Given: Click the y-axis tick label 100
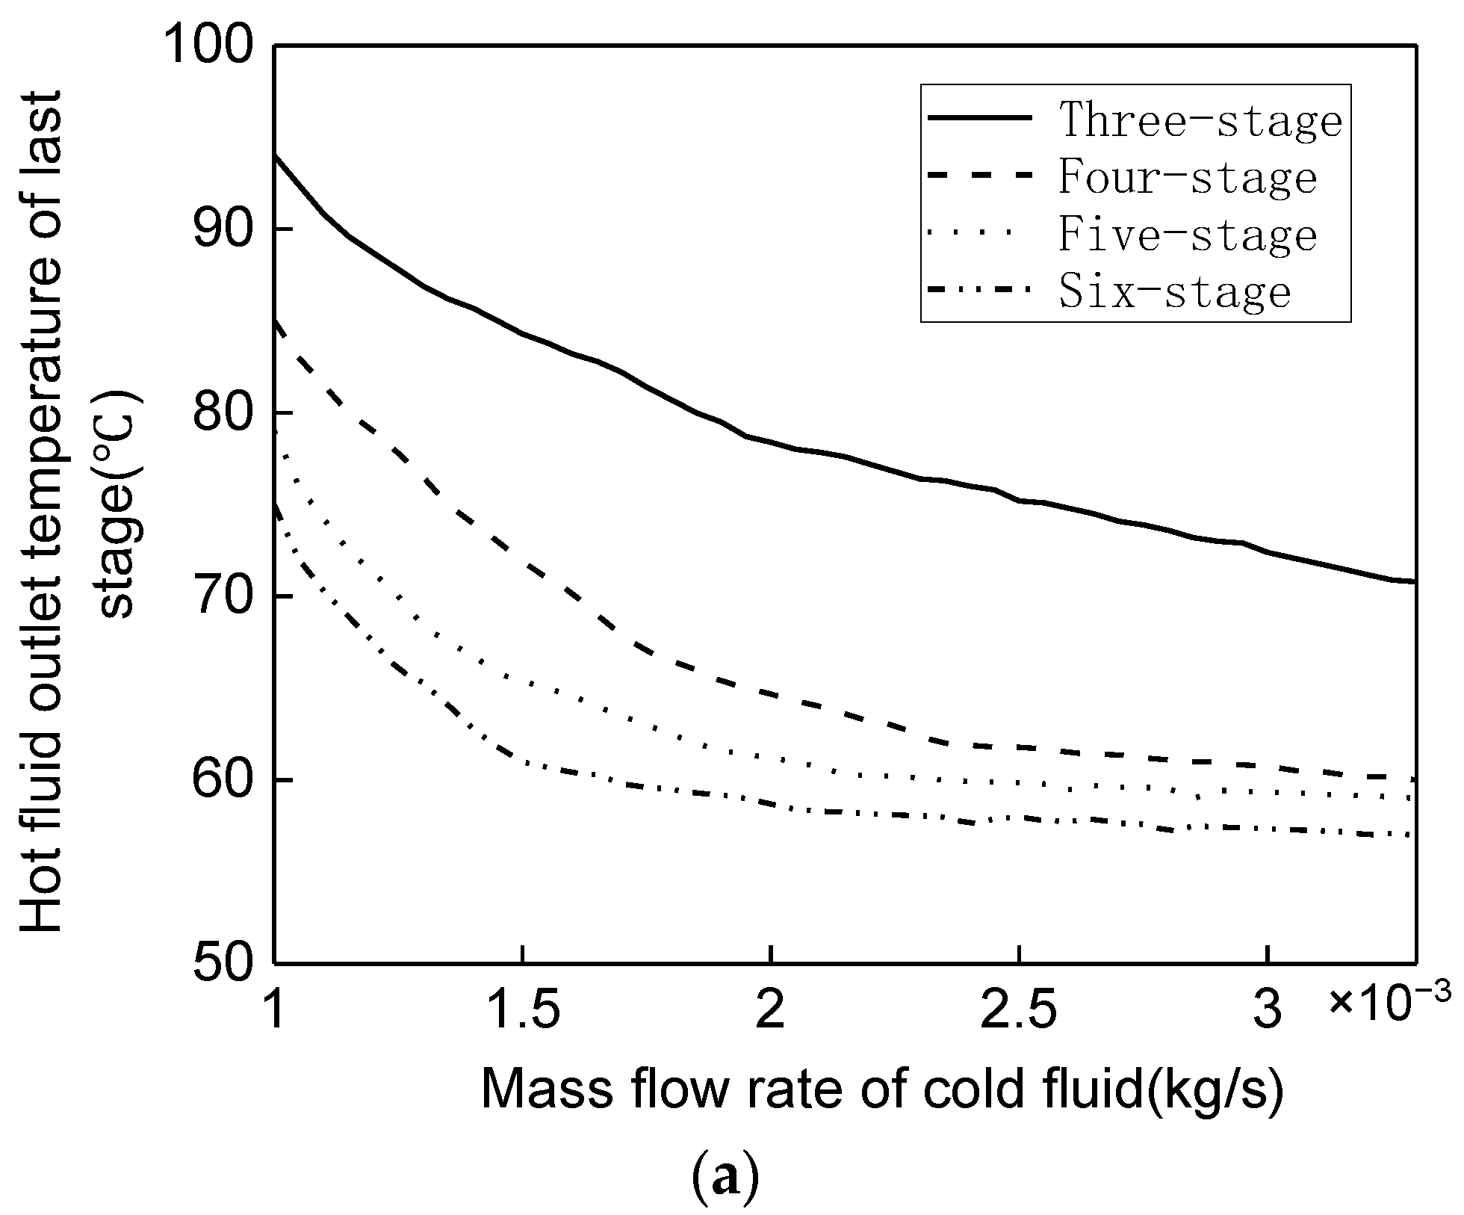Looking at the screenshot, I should coord(211,46).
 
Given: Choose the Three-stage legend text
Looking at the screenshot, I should coord(1200,120).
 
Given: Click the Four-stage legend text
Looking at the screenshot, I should coord(1188,178).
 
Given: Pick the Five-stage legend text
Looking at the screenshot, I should coord(1188,235).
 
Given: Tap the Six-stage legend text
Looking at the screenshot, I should coord(1175,293).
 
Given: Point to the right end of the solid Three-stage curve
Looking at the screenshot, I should coord(1414,582).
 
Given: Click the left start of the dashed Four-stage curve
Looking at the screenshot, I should coord(277,321).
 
